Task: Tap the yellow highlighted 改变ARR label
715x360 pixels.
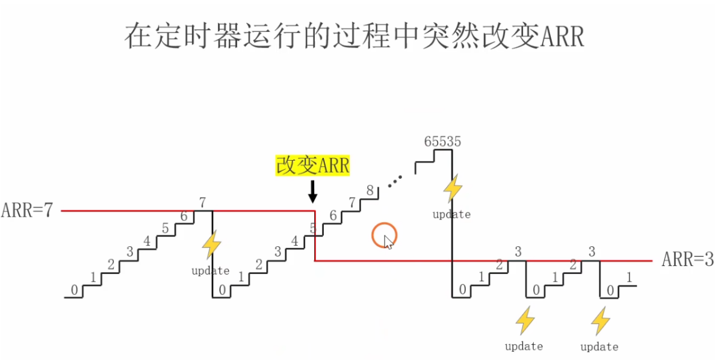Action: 312,165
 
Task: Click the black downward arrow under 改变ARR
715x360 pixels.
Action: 312,191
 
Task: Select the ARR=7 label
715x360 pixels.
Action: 28,211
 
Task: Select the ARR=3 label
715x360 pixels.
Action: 687,260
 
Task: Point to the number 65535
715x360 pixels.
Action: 442,142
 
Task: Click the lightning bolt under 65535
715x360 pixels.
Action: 453,188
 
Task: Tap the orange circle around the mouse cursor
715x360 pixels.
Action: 384,235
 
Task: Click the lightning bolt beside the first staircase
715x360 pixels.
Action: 211,245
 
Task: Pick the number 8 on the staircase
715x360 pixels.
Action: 370,191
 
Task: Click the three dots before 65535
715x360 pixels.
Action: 395,181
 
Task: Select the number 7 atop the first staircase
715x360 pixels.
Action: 203,202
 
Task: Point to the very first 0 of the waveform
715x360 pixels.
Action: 74,290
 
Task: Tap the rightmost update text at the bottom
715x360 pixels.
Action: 599,347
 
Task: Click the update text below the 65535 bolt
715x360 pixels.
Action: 451,214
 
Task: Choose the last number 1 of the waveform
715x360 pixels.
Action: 629,278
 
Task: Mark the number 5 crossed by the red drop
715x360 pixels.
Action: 312,228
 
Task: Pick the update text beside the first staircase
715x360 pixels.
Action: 210,271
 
